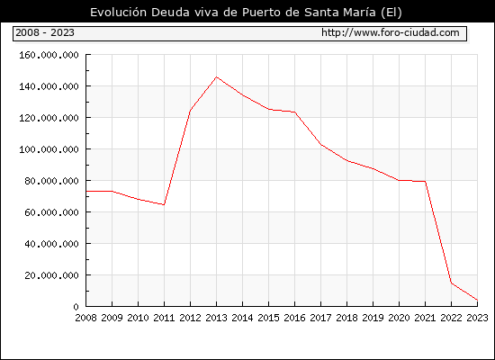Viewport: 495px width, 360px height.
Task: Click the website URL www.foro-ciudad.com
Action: click(391, 32)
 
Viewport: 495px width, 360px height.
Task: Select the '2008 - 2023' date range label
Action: click(45, 32)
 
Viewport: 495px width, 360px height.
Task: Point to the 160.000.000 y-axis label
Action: click(49, 55)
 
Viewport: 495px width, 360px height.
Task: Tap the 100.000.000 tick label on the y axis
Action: click(49, 149)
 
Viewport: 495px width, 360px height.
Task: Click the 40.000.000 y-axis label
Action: click(52, 244)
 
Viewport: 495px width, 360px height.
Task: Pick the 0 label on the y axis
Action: click(76, 307)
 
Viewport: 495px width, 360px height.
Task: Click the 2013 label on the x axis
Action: click(216, 318)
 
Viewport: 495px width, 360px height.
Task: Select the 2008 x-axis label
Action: click(85, 318)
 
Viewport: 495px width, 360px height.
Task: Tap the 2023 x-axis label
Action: click(477, 318)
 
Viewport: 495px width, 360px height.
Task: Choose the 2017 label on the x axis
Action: click(320, 318)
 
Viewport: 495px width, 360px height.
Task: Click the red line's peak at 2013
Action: click(216, 76)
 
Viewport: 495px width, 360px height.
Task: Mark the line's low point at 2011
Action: click(164, 204)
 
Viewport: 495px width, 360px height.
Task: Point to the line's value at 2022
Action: click(452, 283)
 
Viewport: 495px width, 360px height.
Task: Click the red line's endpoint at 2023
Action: click(477, 300)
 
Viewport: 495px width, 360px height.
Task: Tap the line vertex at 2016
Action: click(295, 112)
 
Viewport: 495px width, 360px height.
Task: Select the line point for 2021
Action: click(425, 181)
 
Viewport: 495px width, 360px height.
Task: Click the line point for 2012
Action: click(191, 110)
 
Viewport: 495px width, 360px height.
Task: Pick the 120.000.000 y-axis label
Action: click(49, 118)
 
